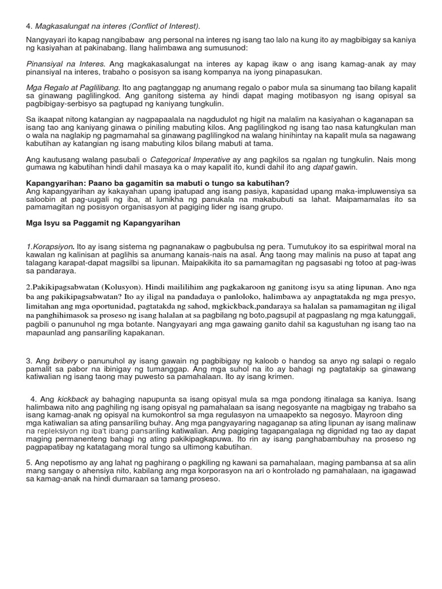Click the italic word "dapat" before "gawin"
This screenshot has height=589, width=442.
[322, 167]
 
